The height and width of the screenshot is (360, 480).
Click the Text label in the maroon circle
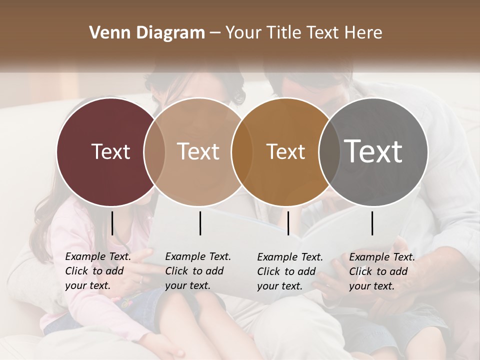[x=110, y=151]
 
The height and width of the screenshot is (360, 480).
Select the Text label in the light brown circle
[x=198, y=151]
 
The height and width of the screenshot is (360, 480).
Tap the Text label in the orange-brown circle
[x=285, y=151]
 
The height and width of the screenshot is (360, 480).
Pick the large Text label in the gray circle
[x=373, y=151]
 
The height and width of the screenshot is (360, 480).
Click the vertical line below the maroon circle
[x=112, y=223]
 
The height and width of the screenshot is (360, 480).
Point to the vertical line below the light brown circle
[x=200, y=223]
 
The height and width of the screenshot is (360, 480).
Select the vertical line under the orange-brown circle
[x=288, y=223]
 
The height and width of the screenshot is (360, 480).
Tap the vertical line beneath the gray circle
[x=372, y=223]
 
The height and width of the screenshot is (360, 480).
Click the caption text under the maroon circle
[x=98, y=271]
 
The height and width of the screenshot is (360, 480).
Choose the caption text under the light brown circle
[x=198, y=271]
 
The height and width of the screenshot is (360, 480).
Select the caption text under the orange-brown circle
[x=290, y=271]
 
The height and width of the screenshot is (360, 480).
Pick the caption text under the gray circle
[x=382, y=271]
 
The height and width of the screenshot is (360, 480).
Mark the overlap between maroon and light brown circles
[x=154, y=151]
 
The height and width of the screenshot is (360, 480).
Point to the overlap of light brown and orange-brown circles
[x=242, y=151]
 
